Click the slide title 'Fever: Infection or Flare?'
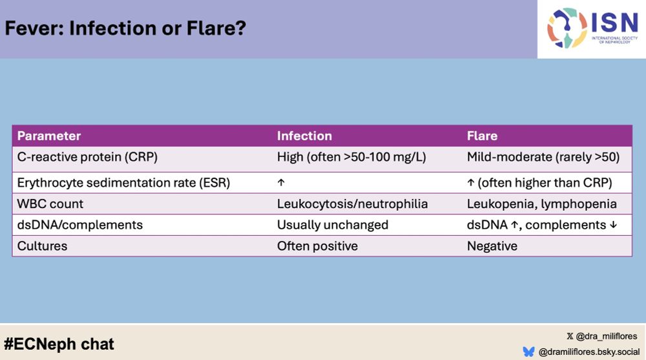(x=125, y=28)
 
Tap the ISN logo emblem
(x=567, y=28)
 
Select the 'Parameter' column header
(x=49, y=136)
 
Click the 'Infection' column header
(x=304, y=136)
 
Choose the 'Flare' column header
(x=482, y=136)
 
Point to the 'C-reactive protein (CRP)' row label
(x=87, y=157)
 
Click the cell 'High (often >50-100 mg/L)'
(x=351, y=157)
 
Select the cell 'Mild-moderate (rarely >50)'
(x=543, y=157)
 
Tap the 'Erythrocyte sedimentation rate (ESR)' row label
(x=123, y=183)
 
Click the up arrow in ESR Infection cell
(x=281, y=182)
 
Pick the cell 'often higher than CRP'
(x=545, y=183)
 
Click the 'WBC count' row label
(x=50, y=204)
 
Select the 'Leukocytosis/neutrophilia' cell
(x=352, y=204)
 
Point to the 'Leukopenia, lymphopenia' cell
(x=542, y=204)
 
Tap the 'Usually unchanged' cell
(x=333, y=225)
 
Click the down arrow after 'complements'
(x=614, y=225)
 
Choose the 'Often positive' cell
(x=317, y=246)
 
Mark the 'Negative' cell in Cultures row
(x=492, y=246)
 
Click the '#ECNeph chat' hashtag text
(x=59, y=344)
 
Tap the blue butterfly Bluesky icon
(x=528, y=352)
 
